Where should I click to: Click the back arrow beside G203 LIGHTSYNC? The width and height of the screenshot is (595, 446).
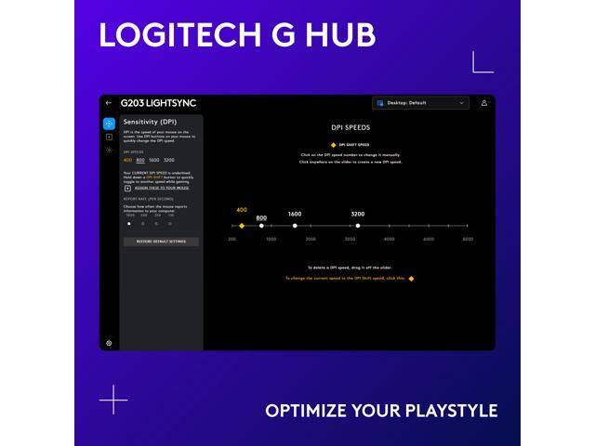[109, 103]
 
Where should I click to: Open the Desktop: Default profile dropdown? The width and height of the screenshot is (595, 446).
[420, 103]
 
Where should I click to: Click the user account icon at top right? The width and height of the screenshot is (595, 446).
[484, 103]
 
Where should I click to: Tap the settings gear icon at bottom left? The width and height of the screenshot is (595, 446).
[109, 343]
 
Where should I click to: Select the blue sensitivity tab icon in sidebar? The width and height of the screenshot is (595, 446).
[109, 123]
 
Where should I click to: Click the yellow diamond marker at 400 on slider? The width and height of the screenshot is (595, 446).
[242, 226]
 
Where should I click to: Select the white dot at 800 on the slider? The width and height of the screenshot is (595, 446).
[261, 226]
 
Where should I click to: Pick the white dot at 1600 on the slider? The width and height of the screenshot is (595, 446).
[295, 226]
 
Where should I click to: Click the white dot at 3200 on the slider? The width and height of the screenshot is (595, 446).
[358, 226]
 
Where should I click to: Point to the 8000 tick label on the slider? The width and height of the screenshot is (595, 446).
[468, 240]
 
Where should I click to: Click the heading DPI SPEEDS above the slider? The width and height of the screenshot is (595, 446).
[350, 126]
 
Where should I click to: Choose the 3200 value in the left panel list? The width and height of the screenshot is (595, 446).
[168, 160]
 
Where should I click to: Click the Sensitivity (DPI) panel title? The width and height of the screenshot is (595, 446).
[150, 122]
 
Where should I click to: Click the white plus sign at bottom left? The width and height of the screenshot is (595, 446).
[113, 399]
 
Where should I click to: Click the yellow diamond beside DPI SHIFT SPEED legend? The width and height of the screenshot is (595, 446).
[307, 145]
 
